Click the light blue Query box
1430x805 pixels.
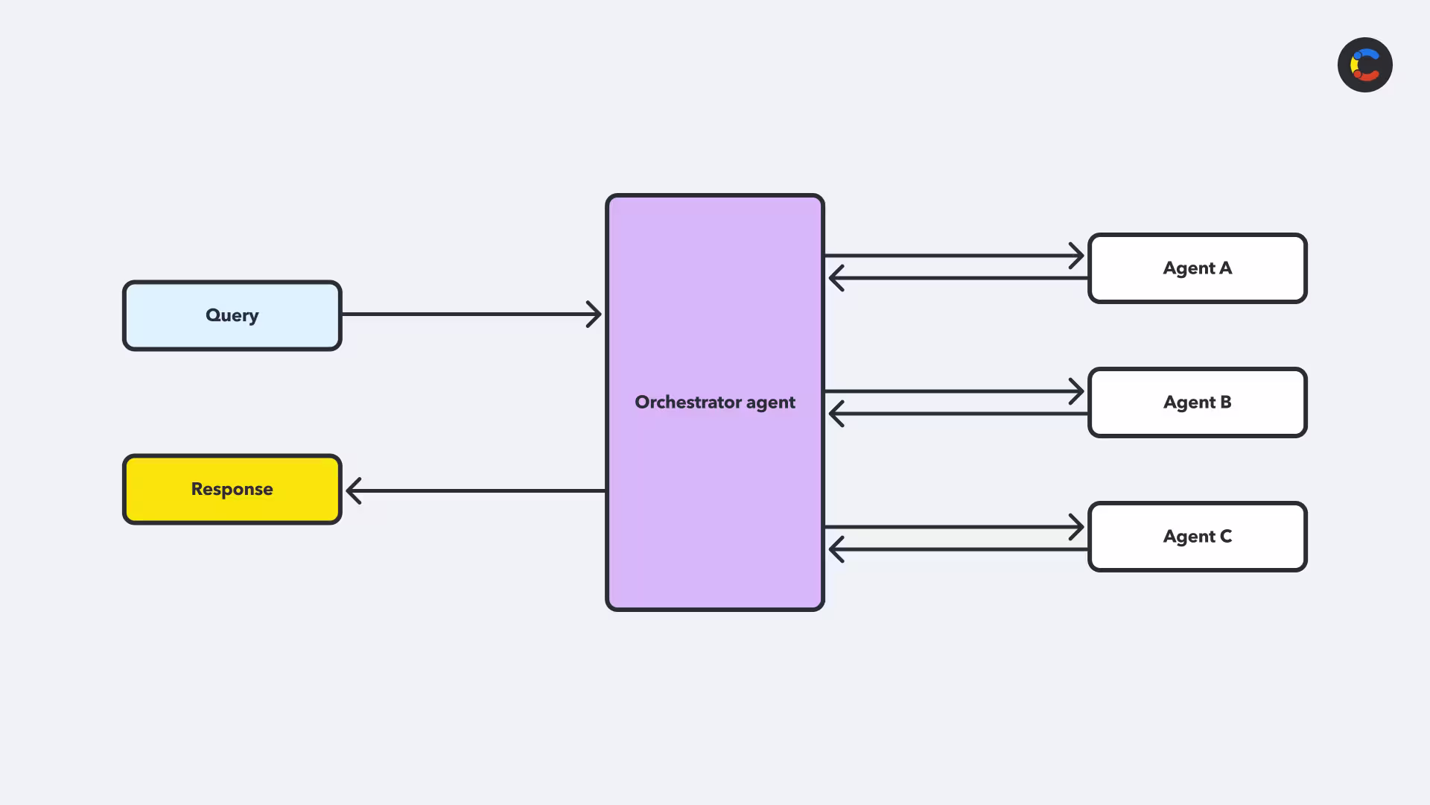[x=232, y=315]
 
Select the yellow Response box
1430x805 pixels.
[x=232, y=489]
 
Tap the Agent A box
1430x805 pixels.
[x=1198, y=268]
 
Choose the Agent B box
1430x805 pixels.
[x=1198, y=402]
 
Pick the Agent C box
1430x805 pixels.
[x=1198, y=537]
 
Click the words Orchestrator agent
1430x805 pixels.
[x=715, y=402]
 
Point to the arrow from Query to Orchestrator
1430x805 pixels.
[x=471, y=315]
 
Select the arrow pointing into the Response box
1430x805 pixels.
[x=476, y=490]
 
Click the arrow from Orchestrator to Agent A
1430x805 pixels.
[x=954, y=256]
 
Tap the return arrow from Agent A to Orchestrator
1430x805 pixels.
[x=959, y=278]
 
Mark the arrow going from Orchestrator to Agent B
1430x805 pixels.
[x=954, y=391]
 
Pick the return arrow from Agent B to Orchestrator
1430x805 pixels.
[x=959, y=414]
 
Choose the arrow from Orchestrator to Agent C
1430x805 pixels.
[x=954, y=527]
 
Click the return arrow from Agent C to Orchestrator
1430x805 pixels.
[x=959, y=549]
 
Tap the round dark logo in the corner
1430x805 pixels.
[x=1365, y=65]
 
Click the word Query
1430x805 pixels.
[x=232, y=315]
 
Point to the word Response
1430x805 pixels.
[x=232, y=489]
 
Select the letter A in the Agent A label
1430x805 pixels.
[x=1226, y=268]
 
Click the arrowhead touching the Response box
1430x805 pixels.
[x=354, y=490]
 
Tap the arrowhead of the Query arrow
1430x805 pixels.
[x=594, y=315]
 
